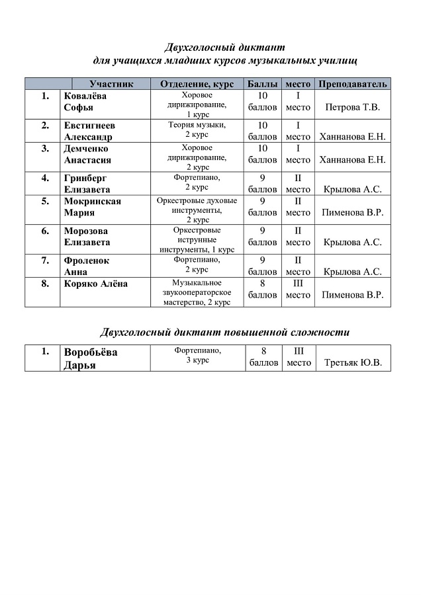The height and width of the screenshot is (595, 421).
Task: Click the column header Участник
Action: [x=111, y=84]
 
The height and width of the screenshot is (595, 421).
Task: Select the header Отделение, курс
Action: [x=197, y=84]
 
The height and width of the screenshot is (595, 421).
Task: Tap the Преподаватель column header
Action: [x=352, y=84]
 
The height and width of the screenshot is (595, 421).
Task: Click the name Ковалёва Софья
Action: [x=85, y=102]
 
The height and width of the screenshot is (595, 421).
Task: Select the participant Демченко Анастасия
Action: [x=87, y=154]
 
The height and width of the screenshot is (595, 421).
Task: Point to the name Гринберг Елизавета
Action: [x=87, y=183]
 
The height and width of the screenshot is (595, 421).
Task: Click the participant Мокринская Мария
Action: [x=92, y=207]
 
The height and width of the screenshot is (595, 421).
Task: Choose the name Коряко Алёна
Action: [x=95, y=284]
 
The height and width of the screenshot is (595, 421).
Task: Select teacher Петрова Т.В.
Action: [x=352, y=107]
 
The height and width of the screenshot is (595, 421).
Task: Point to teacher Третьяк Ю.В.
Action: [x=352, y=364]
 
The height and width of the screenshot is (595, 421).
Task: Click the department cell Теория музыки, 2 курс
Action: [x=197, y=130]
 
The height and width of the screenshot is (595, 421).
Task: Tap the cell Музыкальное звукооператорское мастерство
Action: [x=197, y=292]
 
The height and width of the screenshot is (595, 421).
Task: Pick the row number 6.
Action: [x=45, y=231]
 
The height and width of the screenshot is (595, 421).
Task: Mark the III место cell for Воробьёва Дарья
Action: [x=298, y=358]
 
